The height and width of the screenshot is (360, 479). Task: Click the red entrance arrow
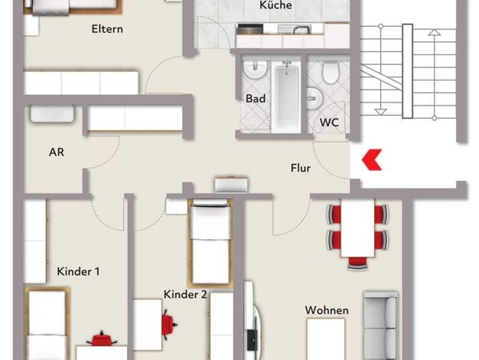(371, 159)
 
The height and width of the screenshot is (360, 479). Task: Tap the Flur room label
(301, 168)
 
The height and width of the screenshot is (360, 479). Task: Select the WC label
(329, 123)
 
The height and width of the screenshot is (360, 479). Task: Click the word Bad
(256, 99)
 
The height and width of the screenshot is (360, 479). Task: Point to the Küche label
(275, 5)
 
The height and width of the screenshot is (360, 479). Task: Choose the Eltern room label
(107, 29)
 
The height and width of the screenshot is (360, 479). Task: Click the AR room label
(57, 152)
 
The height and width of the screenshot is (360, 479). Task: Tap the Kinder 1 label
(78, 271)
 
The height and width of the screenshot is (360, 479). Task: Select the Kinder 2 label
(185, 294)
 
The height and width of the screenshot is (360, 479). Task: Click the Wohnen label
(327, 310)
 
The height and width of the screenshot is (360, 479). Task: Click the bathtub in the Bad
(286, 97)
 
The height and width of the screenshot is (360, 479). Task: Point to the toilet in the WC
(331, 73)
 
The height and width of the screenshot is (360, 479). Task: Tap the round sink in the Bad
(256, 70)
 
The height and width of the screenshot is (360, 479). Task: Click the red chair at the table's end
(357, 263)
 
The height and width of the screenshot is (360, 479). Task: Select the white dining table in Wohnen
(357, 227)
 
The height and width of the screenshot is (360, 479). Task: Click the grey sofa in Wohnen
(381, 326)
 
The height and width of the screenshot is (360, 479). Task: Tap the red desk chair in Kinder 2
(168, 324)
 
